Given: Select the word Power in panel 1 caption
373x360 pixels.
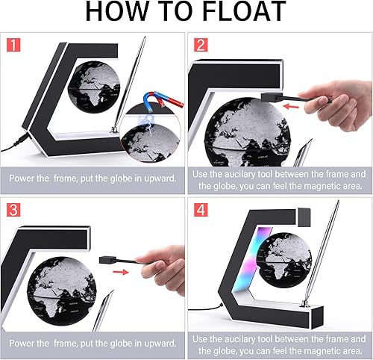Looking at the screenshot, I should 24,179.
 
